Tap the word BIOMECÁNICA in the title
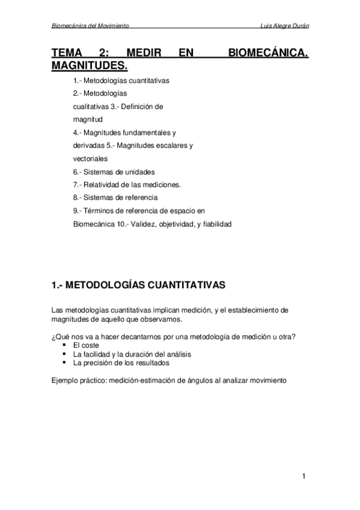tap(269, 54)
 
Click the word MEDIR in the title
tap(144, 54)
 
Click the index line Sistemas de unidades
tap(113, 171)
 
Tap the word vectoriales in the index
tap(90, 159)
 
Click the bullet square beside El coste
tap(63, 346)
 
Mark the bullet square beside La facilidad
tap(63, 355)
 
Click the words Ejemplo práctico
tap(76, 381)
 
